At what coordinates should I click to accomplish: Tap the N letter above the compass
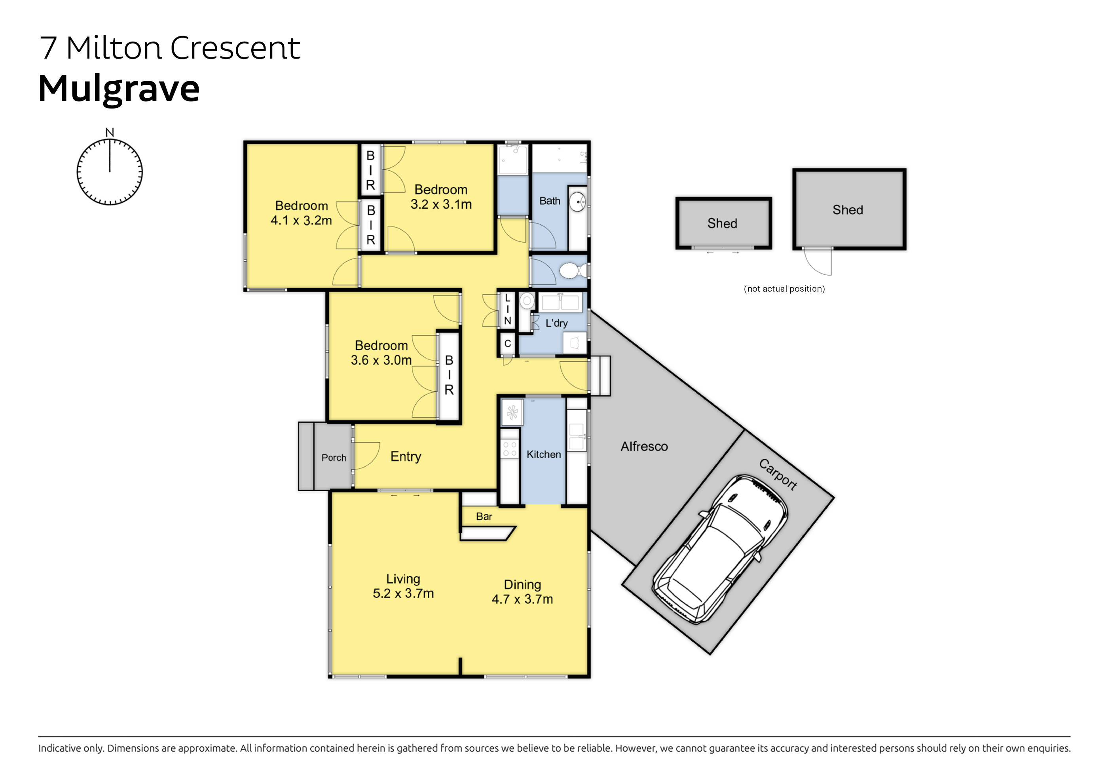(x=110, y=132)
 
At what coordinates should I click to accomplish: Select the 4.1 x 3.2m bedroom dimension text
(x=301, y=220)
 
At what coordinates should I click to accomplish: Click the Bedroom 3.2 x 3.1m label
(x=440, y=197)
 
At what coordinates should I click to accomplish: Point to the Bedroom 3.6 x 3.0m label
(x=381, y=353)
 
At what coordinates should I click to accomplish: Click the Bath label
(x=550, y=201)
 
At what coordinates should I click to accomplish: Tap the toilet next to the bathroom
(x=572, y=270)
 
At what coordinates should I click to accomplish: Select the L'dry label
(x=556, y=323)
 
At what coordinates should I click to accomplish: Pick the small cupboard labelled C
(x=507, y=344)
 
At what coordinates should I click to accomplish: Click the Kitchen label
(x=543, y=454)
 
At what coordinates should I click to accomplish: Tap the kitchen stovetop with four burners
(x=510, y=449)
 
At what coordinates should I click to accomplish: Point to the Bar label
(x=484, y=517)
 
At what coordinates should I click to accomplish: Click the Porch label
(x=334, y=458)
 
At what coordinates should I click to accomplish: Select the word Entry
(x=405, y=456)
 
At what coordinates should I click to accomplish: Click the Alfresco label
(x=644, y=447)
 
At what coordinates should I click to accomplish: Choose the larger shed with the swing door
(x=849, y=209)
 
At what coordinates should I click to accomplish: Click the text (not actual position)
(x=784, y=289)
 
